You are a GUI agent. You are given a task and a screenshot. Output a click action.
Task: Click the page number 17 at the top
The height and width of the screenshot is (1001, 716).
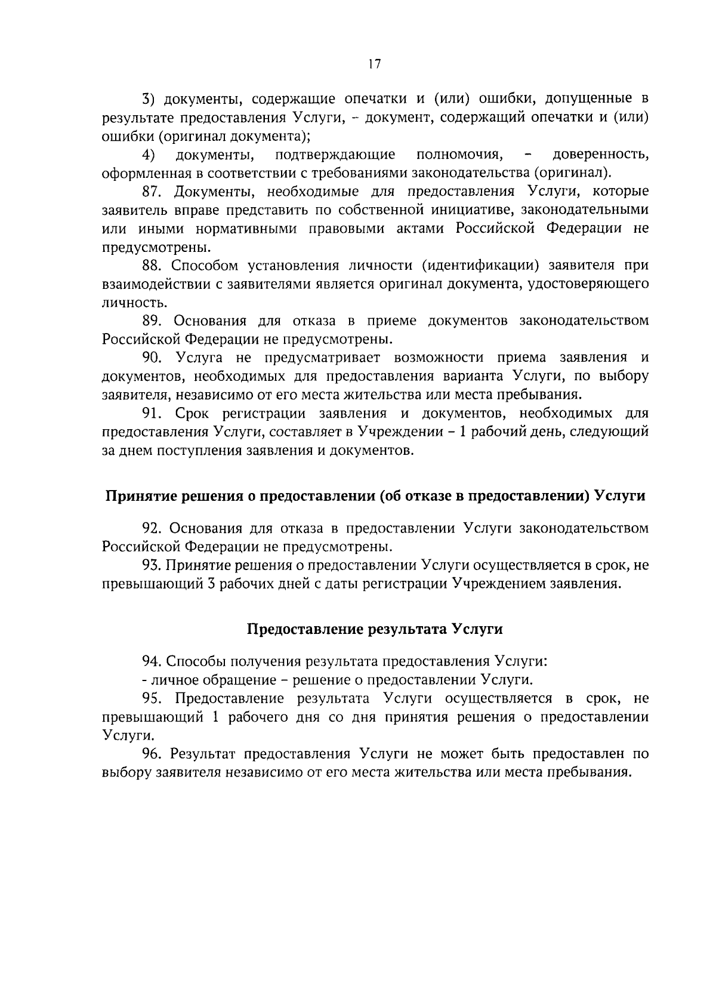point(375,64)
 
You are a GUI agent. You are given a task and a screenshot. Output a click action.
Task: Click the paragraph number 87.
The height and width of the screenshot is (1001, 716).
point(152,192)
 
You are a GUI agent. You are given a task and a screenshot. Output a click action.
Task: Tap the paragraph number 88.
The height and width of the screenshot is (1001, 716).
point(152,266)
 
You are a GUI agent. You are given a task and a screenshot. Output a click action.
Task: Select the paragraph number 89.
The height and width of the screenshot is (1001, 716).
point(152,321)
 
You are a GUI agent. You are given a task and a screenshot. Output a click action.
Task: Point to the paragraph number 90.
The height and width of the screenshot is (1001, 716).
point(152,358)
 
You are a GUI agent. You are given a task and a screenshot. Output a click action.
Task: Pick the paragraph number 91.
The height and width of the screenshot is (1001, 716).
point(152,413)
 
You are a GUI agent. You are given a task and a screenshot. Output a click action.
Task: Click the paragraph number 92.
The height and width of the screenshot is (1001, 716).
point(152,528)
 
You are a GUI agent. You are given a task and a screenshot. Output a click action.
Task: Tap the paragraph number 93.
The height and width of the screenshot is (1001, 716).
point(152,565)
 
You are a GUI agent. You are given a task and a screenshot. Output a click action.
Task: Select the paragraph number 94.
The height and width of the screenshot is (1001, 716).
point(152,661)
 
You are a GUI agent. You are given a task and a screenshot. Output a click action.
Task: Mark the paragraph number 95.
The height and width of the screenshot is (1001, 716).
point(152,699)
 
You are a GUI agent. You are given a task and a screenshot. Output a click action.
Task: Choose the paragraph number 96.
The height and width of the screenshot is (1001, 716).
point(152,754)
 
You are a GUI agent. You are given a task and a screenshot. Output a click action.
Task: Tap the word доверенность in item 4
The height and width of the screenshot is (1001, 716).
point(600,155)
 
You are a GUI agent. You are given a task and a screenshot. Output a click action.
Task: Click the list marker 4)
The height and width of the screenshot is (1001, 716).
point(149,155)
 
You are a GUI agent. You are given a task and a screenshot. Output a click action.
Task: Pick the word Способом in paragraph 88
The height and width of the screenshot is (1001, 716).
point(203,266)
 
